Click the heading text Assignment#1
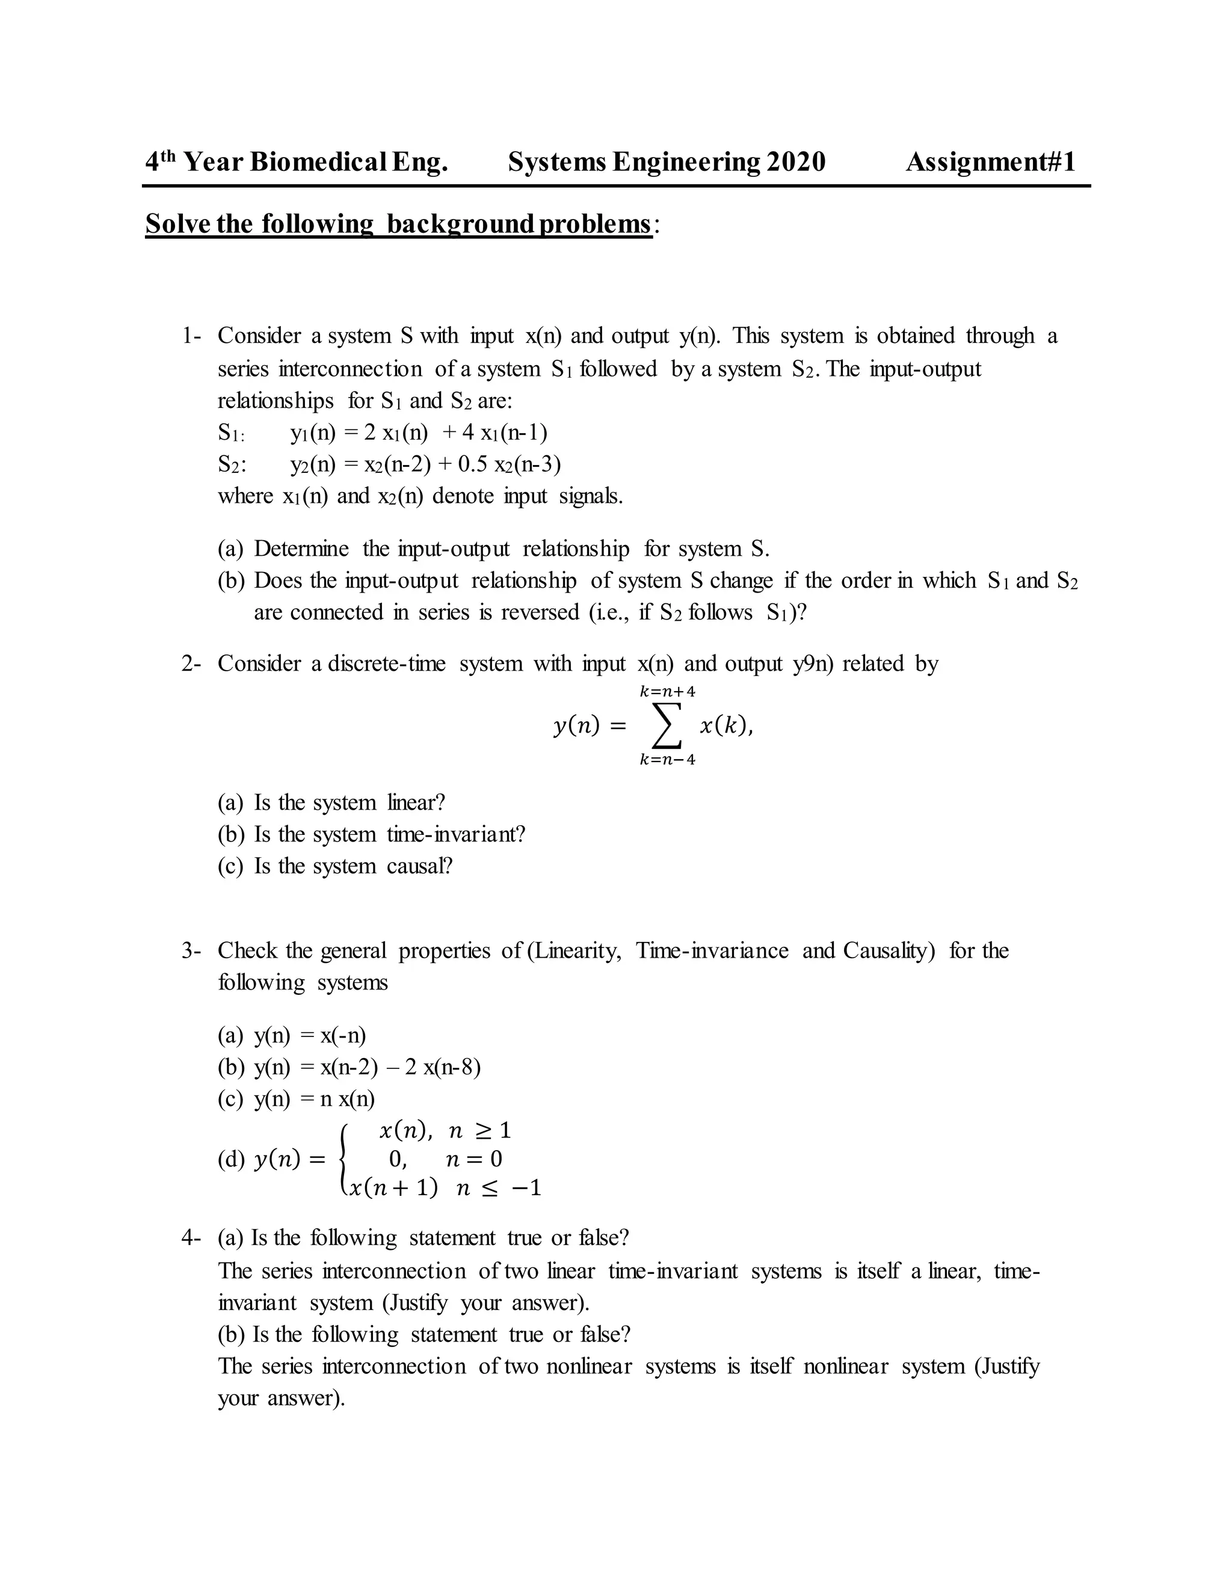(x=990, y=162)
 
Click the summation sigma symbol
(x=667, y=725)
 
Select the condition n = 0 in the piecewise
(x=473, y=1159)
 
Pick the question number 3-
(x=191, y=950)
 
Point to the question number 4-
(x=191, y=1238)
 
